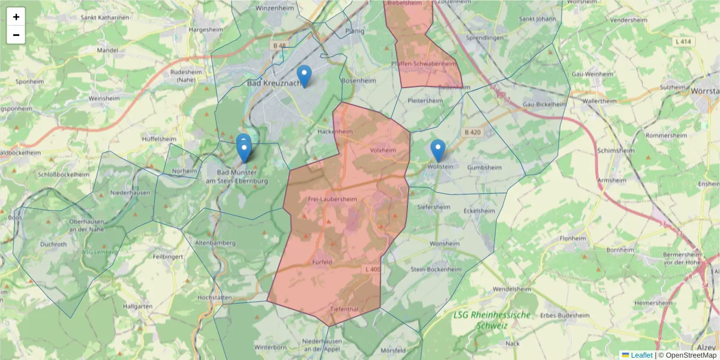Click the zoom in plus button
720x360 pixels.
point(16,17)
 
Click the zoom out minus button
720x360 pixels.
point(16,35)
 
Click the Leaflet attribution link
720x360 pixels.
point(641,355)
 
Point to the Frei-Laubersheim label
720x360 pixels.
point(332,199)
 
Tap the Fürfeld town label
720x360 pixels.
point(322,262)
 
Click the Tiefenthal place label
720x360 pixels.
point(344,308)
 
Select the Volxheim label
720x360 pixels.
point(384,150)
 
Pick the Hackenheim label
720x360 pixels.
point(335,131)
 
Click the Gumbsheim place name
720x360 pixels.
point(484,167)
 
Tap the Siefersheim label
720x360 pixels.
point(433,207)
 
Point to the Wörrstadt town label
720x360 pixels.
point(706,91)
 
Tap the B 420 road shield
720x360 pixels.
point(473,132)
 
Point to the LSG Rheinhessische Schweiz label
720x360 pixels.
point(492,320)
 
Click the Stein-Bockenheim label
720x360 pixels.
point(436,269)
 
